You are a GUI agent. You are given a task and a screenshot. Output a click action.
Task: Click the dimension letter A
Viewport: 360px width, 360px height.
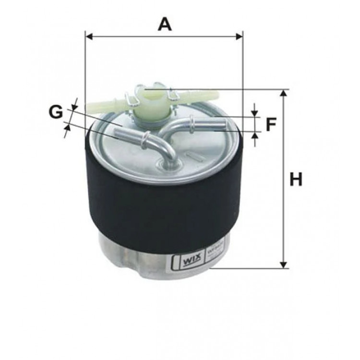(165, 24)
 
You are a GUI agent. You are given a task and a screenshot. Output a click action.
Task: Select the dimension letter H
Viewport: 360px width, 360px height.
(296, 180)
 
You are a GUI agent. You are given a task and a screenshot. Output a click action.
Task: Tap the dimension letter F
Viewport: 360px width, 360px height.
(271, 125)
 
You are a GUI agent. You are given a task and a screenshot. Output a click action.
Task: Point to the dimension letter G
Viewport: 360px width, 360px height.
(56, 112)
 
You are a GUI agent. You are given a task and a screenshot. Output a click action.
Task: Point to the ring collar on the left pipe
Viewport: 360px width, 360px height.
(144, 140)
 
